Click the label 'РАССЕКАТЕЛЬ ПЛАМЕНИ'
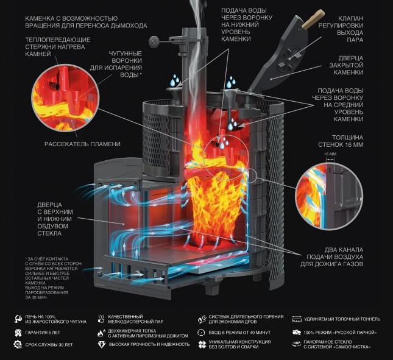(x=82, y=144)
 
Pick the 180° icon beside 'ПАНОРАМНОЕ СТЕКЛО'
(x=296, y=345)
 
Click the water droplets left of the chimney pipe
(x=175, y=80)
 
